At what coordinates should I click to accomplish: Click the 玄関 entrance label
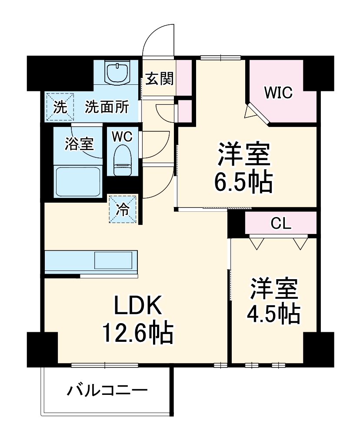tap(160, 79)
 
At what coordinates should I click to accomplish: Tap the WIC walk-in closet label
tap(278, 93)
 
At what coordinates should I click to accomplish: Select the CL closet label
tap(280, 224)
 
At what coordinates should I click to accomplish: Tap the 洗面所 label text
tap(107, 107)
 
